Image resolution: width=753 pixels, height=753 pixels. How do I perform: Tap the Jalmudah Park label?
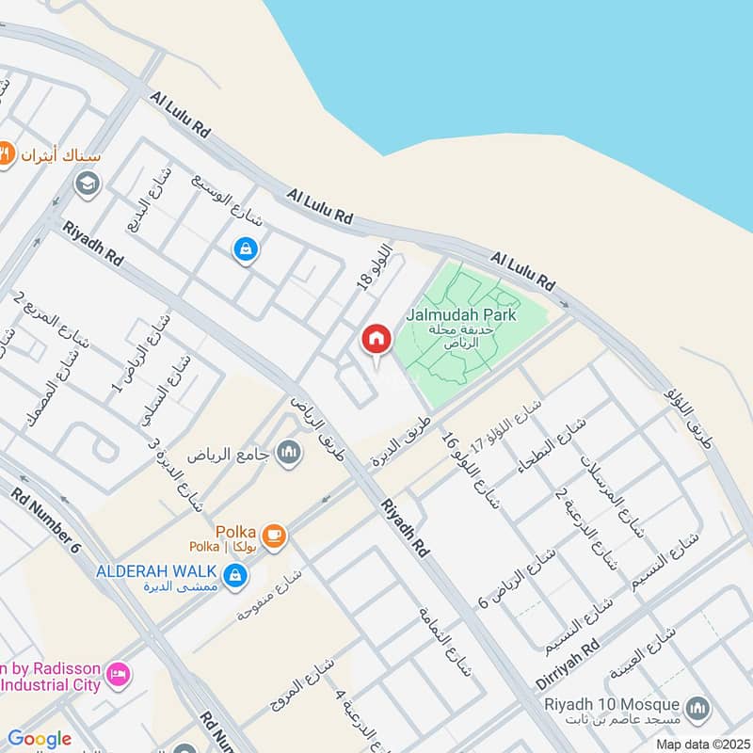pos(461,315)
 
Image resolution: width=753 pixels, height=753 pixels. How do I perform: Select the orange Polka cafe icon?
pos(275,536)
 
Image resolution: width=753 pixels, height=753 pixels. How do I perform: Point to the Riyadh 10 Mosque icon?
pos(697,708)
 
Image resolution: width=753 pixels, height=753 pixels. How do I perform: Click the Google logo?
pos(40,739)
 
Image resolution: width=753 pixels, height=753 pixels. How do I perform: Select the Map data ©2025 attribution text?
pos(701,744)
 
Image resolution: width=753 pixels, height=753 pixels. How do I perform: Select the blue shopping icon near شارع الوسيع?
pos(245,249)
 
